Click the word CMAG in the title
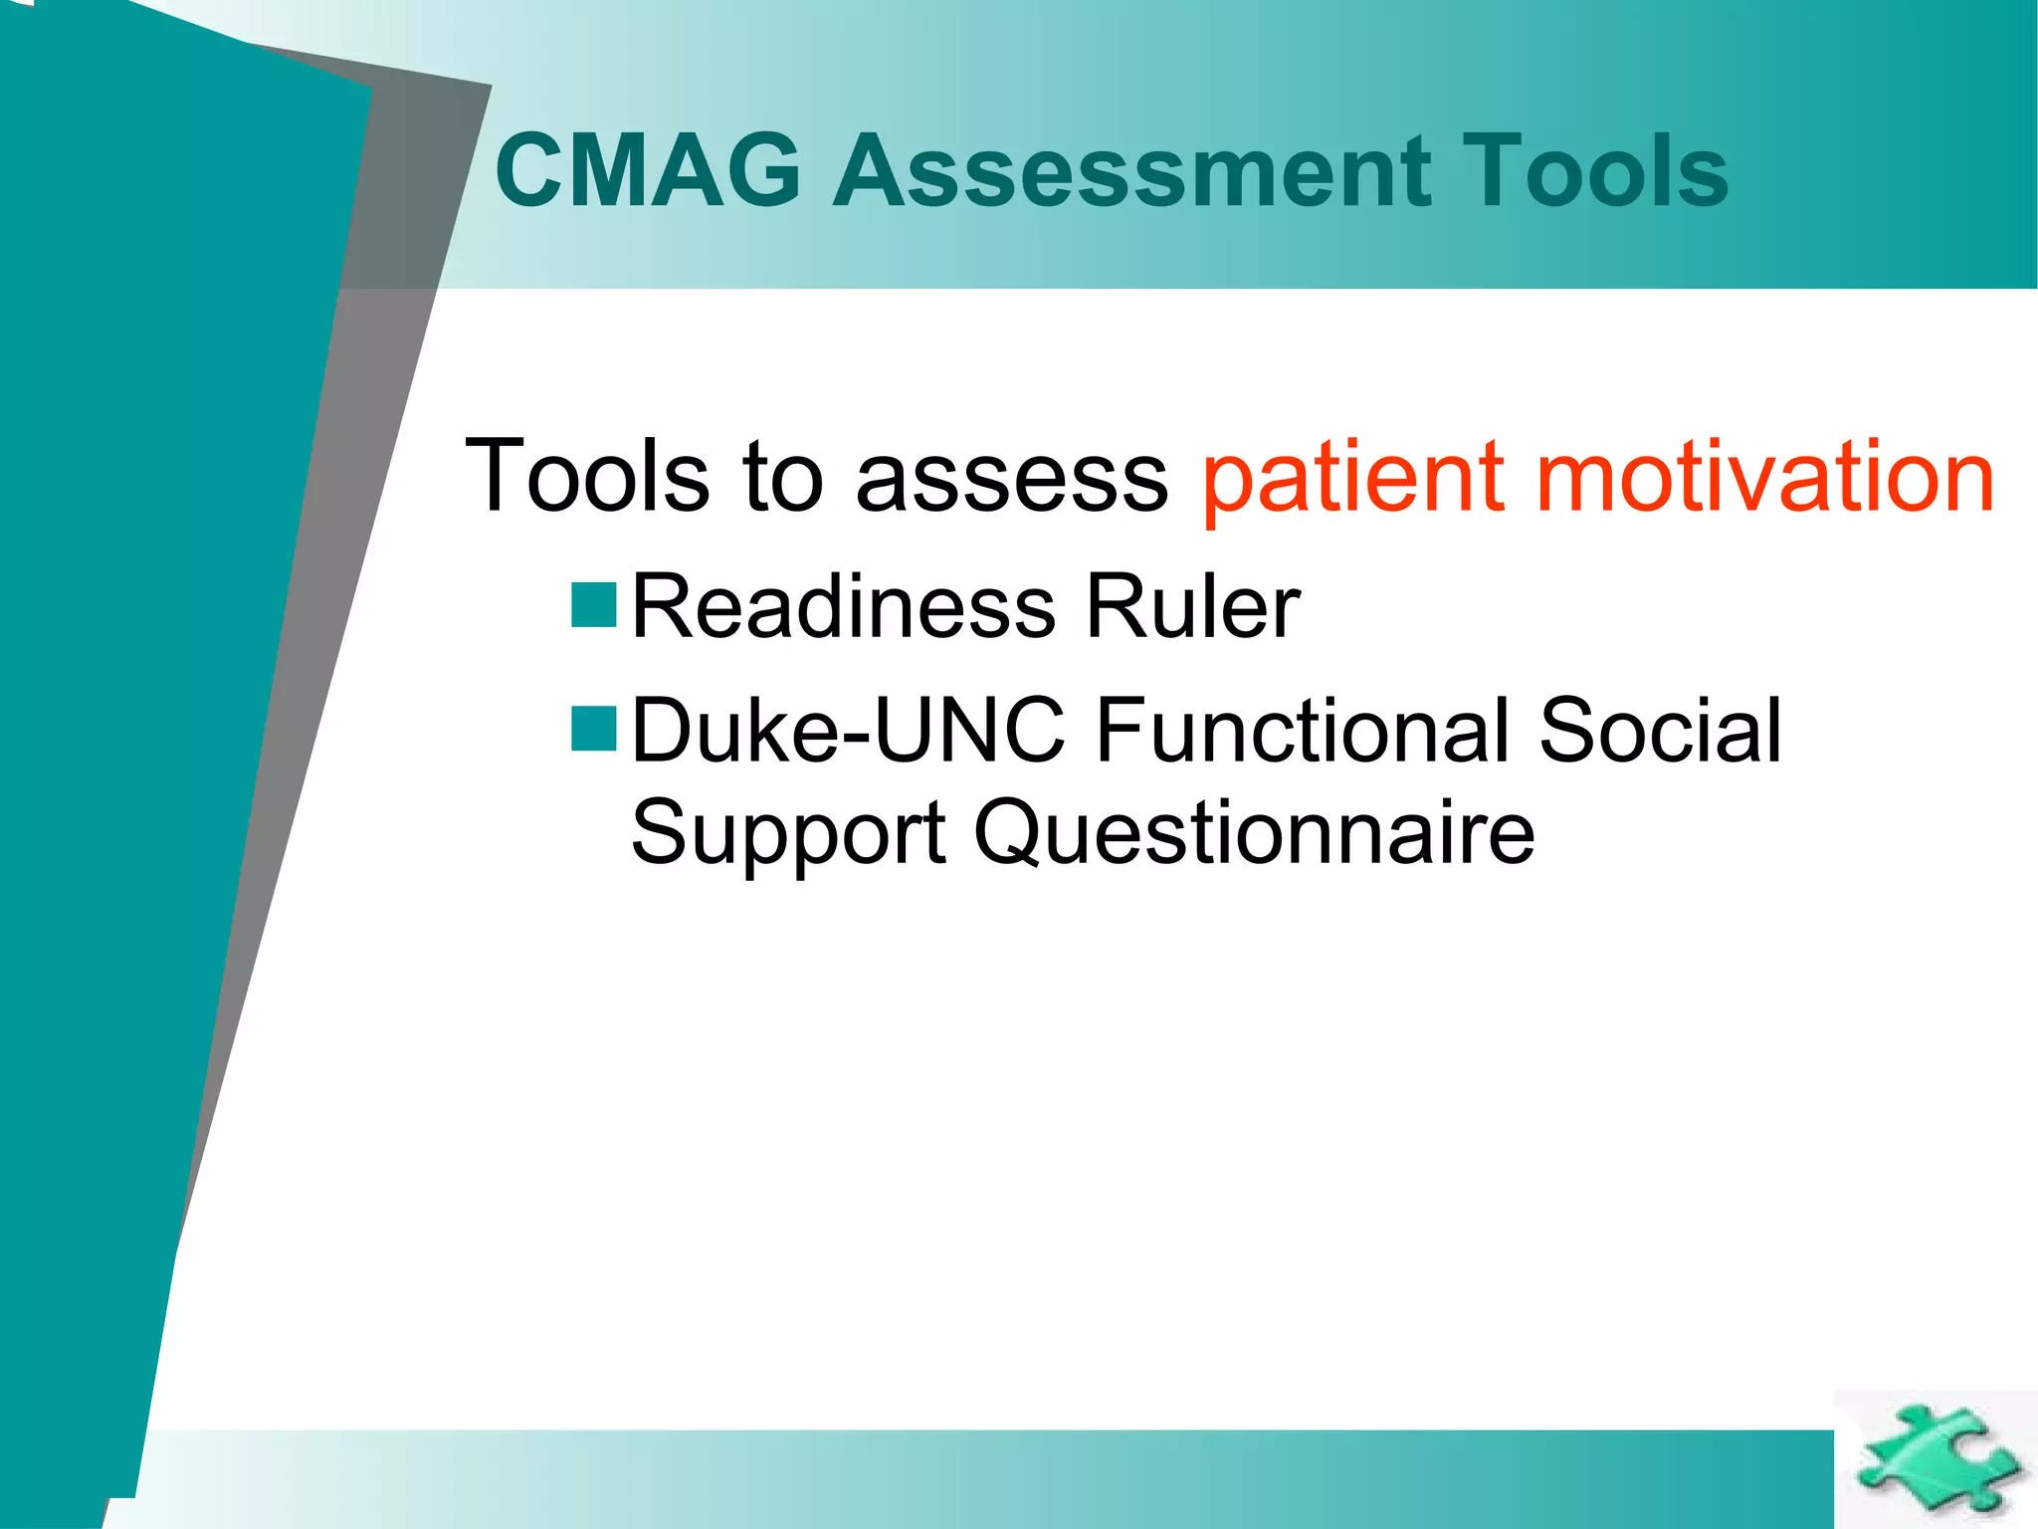point(648,171)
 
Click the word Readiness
point(843,606)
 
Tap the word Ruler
point(1191,606)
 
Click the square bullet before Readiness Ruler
point(594,604)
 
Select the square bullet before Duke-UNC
point(594,728)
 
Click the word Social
point(1659,731)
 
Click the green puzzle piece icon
point(1935,1459)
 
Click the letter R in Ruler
point(1114,606)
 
